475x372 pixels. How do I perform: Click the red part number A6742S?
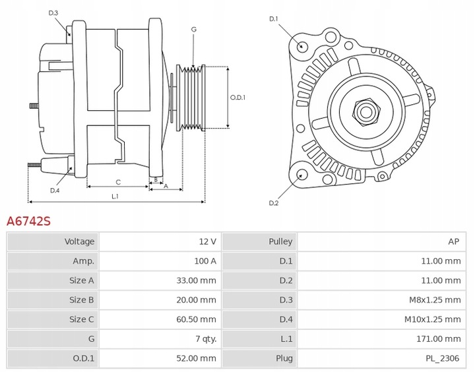[28, 221]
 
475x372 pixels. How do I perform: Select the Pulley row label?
[280, 241]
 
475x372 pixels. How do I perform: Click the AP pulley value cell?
[453, 241]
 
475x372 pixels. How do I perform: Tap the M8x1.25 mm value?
[435, 300]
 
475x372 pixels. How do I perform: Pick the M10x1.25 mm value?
[433, 319]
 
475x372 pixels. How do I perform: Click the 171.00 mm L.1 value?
[439, 339]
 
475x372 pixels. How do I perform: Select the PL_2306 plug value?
[443, 358]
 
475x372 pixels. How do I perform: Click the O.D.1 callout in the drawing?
[237, 98]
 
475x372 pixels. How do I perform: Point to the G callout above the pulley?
[193, 30]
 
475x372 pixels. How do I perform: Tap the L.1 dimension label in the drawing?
[115, 196]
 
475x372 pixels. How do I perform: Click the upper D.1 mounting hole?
[302, 46]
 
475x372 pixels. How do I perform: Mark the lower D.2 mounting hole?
[302, 175]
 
